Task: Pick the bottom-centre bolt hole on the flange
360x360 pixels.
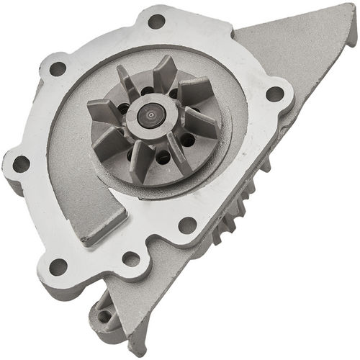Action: click(x=131, y=258)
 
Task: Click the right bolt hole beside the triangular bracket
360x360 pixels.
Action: click(x=274, y=93)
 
